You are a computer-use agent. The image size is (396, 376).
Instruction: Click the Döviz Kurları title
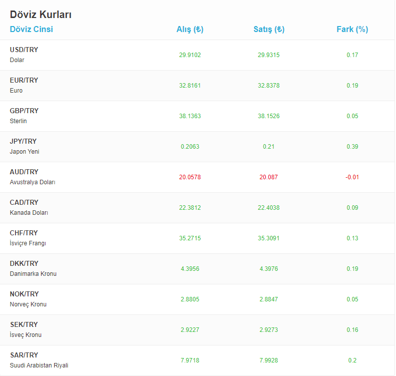pyautogui.click(x=41, y=15)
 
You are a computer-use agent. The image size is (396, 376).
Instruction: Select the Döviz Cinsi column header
pyautogui.click(x=31, y=29)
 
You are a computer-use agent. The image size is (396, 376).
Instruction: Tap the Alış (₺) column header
pyautogui.click(x=190, y=29)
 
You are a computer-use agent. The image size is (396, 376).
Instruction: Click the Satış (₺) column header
pyautogui.click(x=269, y=29)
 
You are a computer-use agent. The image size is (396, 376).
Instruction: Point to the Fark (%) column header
pyautogui.click(x=352, y=29)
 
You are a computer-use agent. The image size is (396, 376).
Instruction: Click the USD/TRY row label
pyautogui.click(x=24, y=50)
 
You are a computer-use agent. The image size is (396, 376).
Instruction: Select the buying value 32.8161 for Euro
pyautogui.click(x=190, y=86)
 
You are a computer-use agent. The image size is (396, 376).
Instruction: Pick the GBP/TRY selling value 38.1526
pyautogui.click(x=269, y=116)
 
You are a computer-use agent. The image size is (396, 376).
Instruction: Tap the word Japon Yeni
pyautogui.click(x=24, y=152)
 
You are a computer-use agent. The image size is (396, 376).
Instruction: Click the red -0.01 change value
pyautogui.click(x=352, y=177)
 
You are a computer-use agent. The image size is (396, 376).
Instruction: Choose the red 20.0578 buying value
pyautogui.click(x=190, y=177)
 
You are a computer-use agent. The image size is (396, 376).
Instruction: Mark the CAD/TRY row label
pyautogui.click(x=24, y=202)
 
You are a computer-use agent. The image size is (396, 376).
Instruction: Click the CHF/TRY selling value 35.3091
pyautogui.click(x=269, y=238)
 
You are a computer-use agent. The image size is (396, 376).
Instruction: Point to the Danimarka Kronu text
pyautogui.click(x=33, y=274)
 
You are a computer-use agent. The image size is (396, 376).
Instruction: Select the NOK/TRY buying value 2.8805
pyautogui.click(x=190, y=299)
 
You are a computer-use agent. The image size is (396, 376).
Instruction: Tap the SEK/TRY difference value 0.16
pyautogui.click(x=352, y=330)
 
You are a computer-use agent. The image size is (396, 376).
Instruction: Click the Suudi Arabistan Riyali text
pyautogui.click(x=39, y=365)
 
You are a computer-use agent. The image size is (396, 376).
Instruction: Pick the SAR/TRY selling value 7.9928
pyautogui.click(x=269, y=360)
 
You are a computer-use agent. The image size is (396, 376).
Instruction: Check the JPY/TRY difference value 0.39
pyautogui.click(x=352, y=147)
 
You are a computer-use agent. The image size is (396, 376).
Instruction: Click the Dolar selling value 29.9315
pyautogui.click(x=269, y=55)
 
